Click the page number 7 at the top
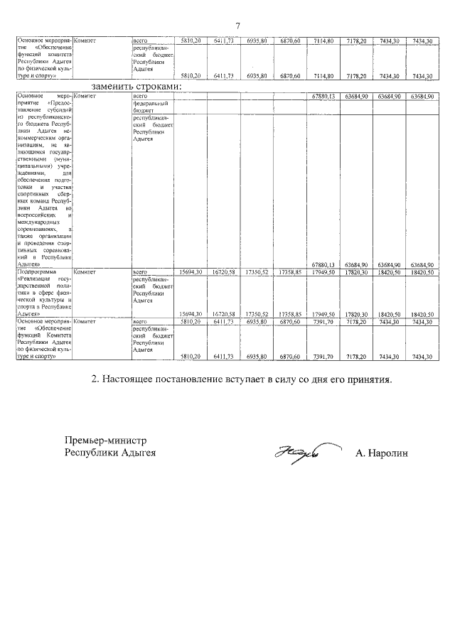click(x=237, y=26)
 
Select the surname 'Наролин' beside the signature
click(x=384, y=453)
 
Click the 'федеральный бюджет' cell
click(x=148, y=107)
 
